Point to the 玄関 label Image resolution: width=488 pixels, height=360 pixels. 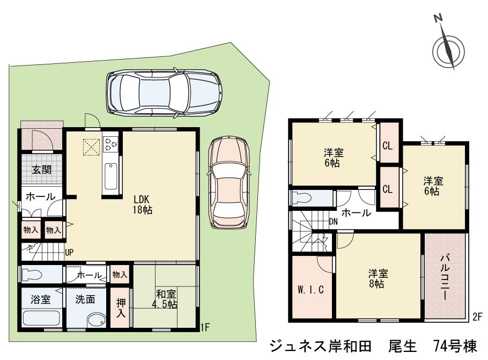[41, 171]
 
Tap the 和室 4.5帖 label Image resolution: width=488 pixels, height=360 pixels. [165, 299]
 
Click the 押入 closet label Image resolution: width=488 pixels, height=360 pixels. [121, 306]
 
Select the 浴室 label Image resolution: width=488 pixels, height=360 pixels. [41, 299]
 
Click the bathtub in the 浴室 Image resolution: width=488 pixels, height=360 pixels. [41, 318]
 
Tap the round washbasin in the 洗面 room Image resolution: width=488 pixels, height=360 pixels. [96, 319]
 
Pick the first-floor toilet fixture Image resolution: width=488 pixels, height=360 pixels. [32, 275]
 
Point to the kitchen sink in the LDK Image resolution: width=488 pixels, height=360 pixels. [111, 176]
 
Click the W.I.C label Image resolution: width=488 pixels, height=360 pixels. [311, 290]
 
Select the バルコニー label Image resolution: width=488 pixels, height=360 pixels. [445, 277]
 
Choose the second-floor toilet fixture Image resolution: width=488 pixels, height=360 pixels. [302, 198]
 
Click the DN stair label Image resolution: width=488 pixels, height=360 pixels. [333, 221]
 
